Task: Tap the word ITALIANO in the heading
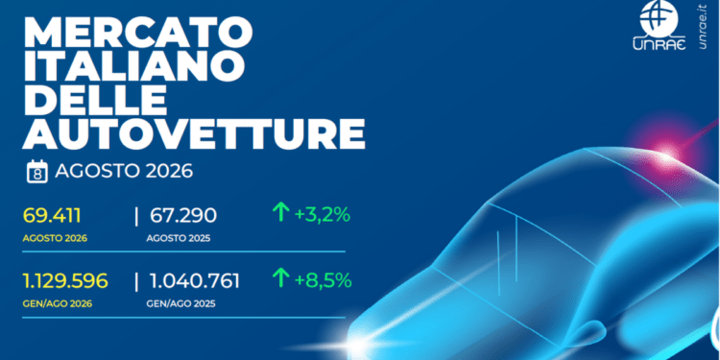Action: (x=133, y=67)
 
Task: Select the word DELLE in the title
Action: (x=94, y=102)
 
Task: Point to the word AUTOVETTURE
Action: (x=194, y=135)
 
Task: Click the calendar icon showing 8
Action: (x=37, y=172)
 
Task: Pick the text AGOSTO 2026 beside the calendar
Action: (x=124, y=172)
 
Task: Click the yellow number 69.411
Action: (x=52, y=216)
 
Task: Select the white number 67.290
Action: (x=183, y=216)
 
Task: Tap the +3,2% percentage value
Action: (x=323, y=214)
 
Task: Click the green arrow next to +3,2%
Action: (x=280, y=213)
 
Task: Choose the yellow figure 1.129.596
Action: (x=65, y=280)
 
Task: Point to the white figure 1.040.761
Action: (x=195, y=280)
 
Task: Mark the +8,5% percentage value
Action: (x=323, y=279)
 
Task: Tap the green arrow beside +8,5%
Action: (x=280, y=278)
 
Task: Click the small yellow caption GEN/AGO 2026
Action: (x=58, y=304)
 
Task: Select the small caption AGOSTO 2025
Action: (x=179, y=239)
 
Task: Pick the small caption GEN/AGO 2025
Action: (x=180, y=304)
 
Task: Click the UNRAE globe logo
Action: (x=659, y=25)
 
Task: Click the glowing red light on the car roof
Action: (x=667, y=152)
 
